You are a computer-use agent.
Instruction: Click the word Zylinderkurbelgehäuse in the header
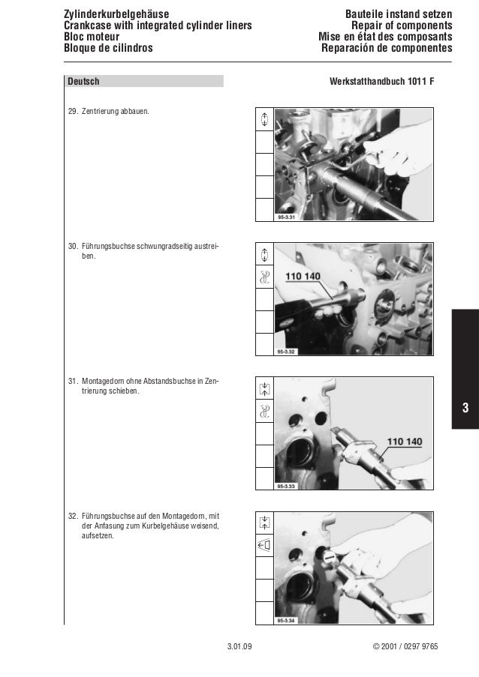click(116, 14)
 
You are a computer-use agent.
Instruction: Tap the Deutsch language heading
click(83, 81)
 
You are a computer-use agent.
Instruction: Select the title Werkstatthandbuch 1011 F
click(381, 81)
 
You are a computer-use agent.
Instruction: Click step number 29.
click(73, 112)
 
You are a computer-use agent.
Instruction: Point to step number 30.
click(73, 247)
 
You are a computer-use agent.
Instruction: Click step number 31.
click(73, 382)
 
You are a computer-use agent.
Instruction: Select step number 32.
click(73, 516)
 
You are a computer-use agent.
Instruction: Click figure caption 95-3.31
click(286, 217)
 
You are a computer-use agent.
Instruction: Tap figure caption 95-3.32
click(286, 352)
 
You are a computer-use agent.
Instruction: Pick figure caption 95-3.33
click(286, 486)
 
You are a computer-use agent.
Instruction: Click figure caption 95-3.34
click(286, 621)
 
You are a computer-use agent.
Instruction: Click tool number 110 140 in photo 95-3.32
click(303, 277)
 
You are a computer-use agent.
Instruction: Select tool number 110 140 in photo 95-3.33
click(405, 442)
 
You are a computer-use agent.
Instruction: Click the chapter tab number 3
click(465, 408)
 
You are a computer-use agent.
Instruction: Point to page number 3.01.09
click(239, 646)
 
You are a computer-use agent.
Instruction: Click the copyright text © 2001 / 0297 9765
click(405, 646)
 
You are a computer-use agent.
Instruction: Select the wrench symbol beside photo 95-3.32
click(264, 277)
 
